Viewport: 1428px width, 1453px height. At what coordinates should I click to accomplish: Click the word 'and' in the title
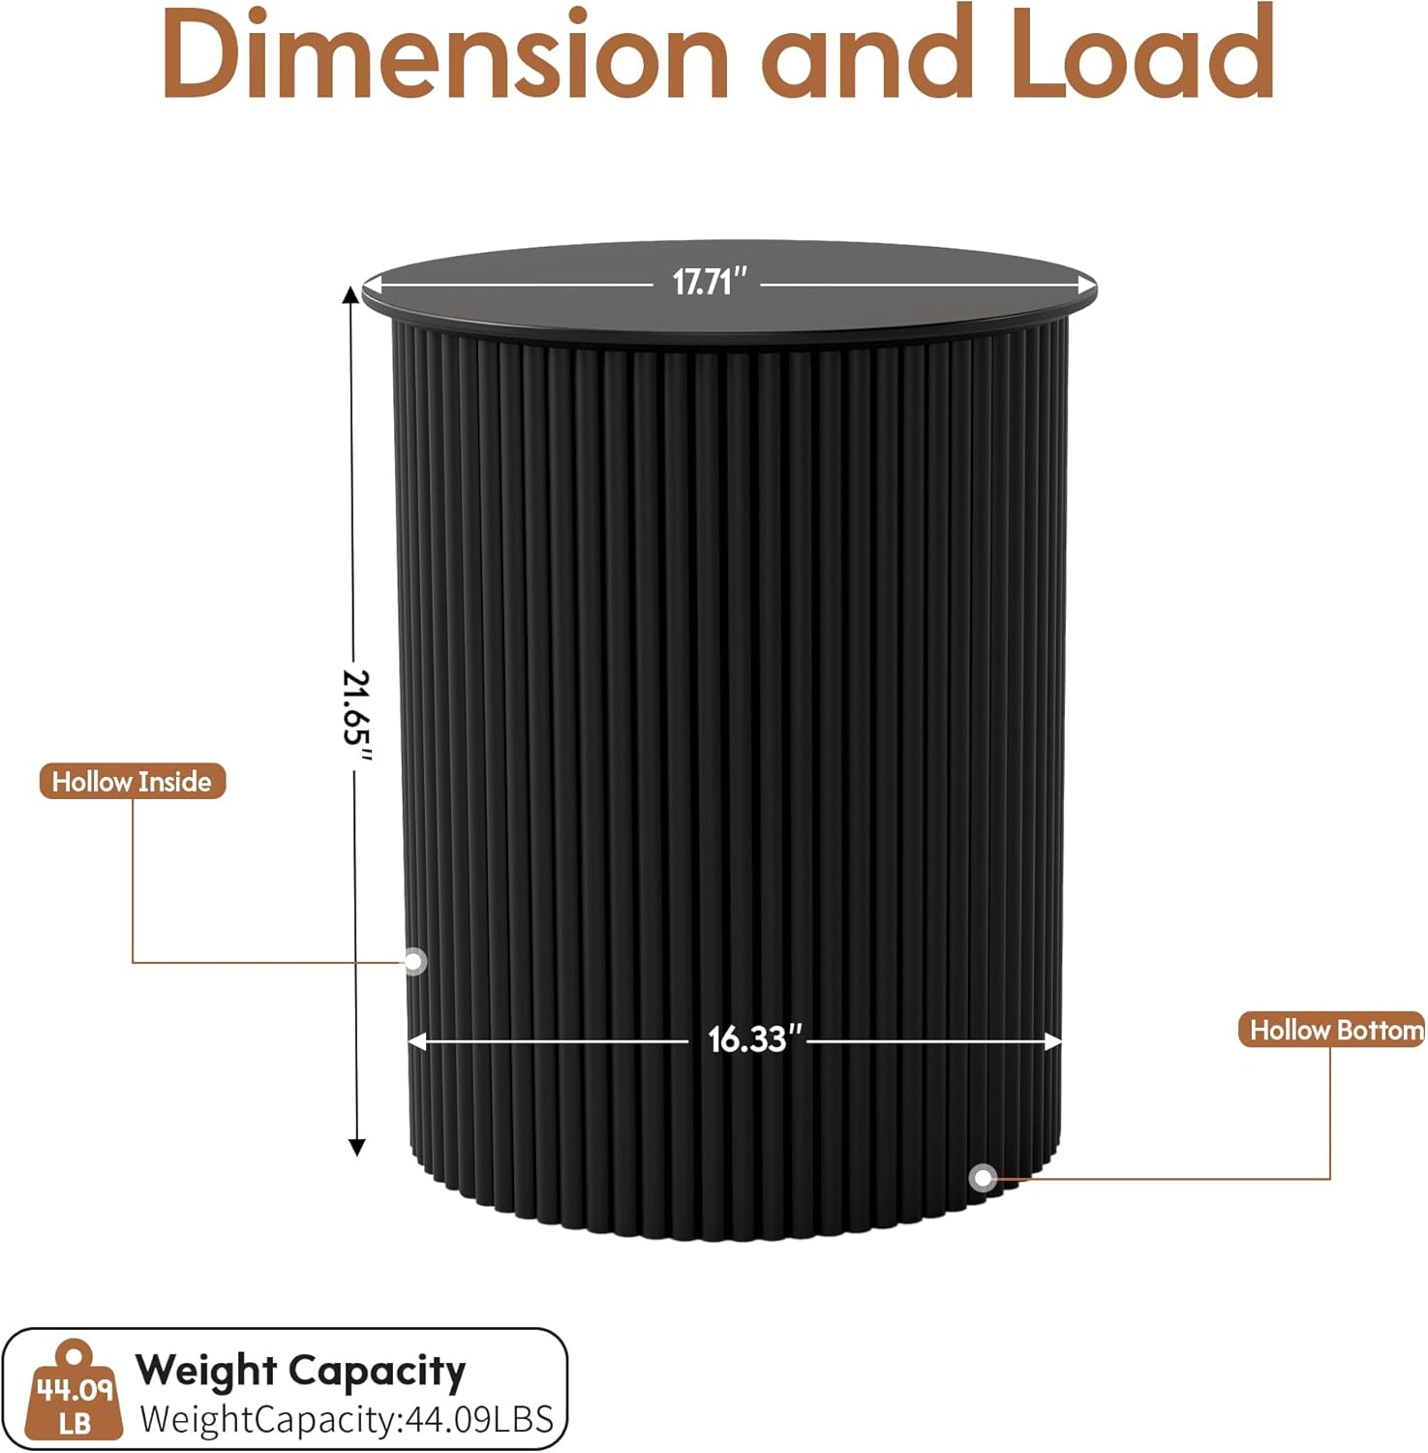867,56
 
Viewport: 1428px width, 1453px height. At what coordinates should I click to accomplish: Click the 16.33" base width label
755,1039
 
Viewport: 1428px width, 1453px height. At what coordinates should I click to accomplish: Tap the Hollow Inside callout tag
132,782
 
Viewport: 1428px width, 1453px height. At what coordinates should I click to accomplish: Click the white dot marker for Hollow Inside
414,961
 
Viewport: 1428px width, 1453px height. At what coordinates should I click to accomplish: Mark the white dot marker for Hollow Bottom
984,1178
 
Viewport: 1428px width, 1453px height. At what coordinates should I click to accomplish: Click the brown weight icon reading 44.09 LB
75,1391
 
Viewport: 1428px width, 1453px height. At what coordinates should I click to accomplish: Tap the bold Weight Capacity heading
300,1371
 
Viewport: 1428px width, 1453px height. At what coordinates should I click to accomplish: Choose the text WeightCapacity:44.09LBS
347,1419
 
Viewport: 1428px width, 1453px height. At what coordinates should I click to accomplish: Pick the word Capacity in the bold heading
378,1372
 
